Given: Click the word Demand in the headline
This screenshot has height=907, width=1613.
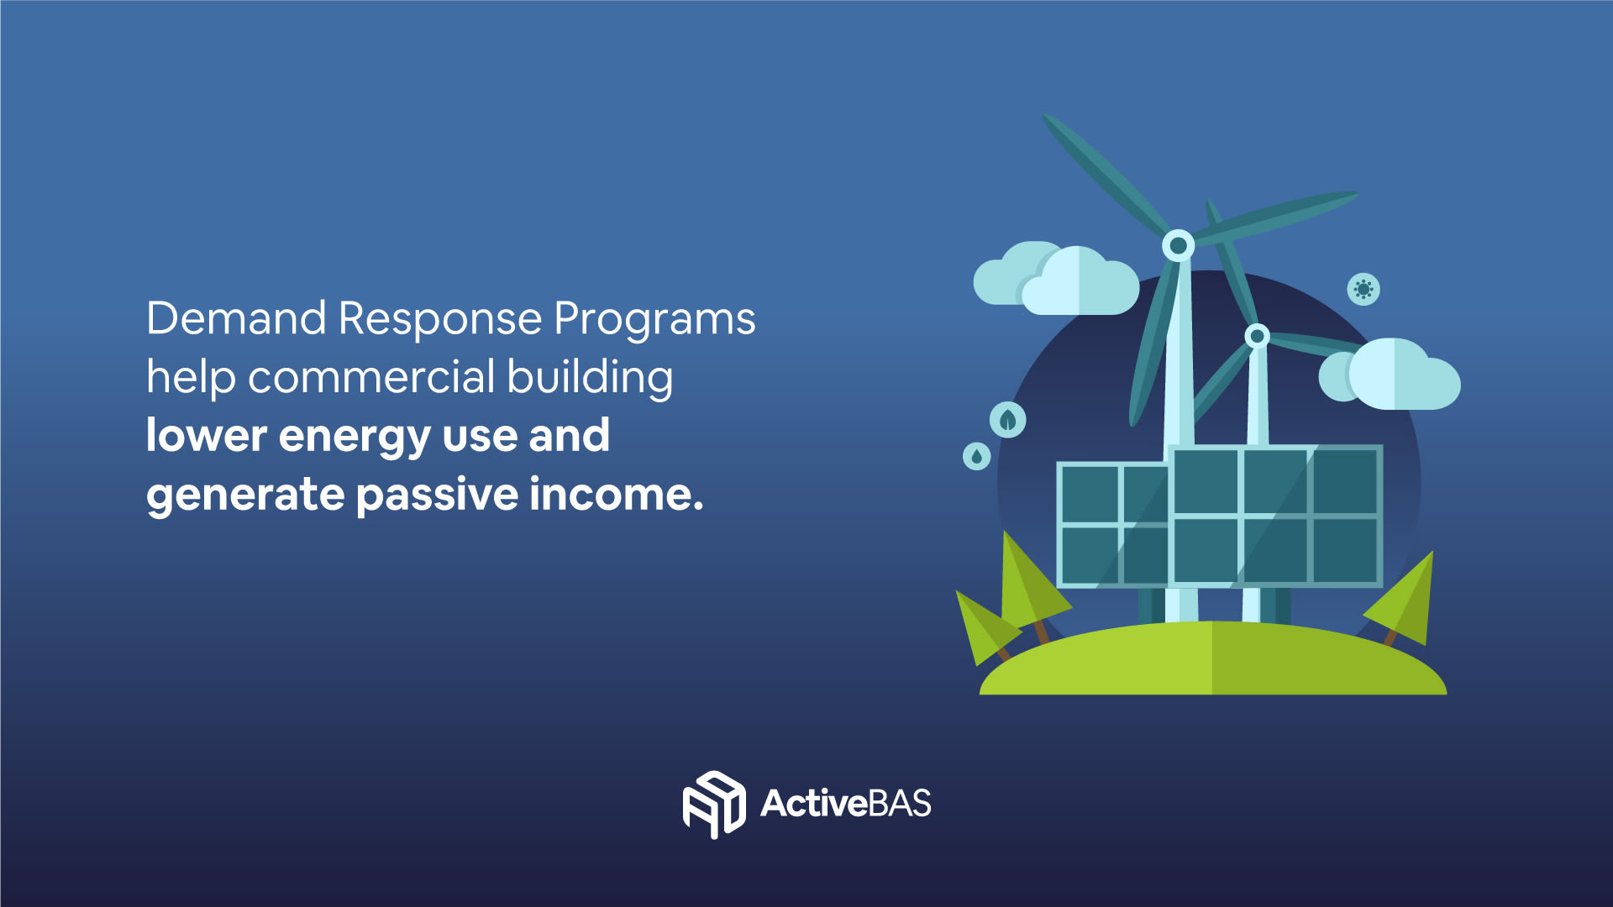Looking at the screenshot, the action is (236, 319).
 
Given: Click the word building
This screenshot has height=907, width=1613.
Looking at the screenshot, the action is (590, 379).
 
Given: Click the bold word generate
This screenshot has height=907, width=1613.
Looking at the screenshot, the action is (244, 496).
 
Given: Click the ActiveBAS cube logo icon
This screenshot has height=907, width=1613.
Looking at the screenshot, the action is (713, 805).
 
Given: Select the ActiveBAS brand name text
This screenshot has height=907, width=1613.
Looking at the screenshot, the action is (846, 804).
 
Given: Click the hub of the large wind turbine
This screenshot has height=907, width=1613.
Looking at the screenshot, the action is (1179, 245).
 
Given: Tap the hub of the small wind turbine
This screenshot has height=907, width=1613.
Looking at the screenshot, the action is (1257, 337).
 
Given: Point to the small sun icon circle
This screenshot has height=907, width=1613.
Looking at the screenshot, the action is (1363, 290).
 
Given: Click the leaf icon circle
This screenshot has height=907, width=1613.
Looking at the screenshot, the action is (1008, 420).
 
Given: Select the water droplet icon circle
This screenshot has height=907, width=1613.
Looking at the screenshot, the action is (976, 456).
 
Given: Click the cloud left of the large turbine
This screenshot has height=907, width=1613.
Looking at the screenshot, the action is (1056, 278).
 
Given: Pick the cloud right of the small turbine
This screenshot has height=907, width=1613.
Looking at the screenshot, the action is (1390, 375).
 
